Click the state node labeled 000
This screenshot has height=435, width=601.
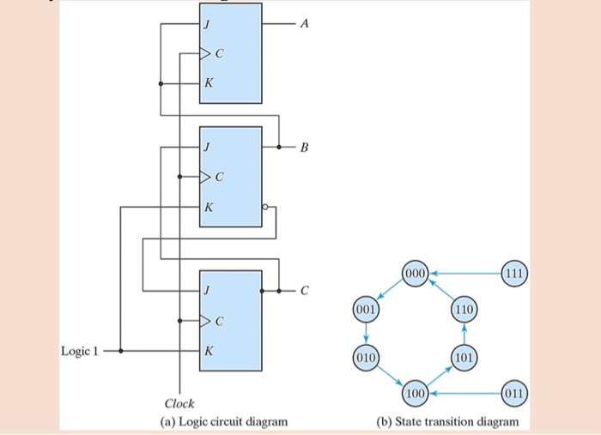(x=415, y=274)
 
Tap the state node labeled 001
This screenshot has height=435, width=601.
(x=366, y=307)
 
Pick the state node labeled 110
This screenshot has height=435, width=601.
(x=464, y=307)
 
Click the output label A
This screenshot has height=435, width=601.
(x=302, y=25)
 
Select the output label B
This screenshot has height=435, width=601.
(x=302, y=148)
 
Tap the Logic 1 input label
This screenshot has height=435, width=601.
(x=80, y=350)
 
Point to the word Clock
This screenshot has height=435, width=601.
(x=179, y=403)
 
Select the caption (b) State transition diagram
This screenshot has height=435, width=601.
(x=447, y=421)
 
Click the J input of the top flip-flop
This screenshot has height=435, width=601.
(x=207, y=25)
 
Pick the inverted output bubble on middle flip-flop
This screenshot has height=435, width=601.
(x=266, y=207)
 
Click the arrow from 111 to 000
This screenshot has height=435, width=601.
(x=465, y=274)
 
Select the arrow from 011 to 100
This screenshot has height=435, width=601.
(x=465, y=392)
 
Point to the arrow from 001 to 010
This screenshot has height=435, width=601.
(x=366, y=332)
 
